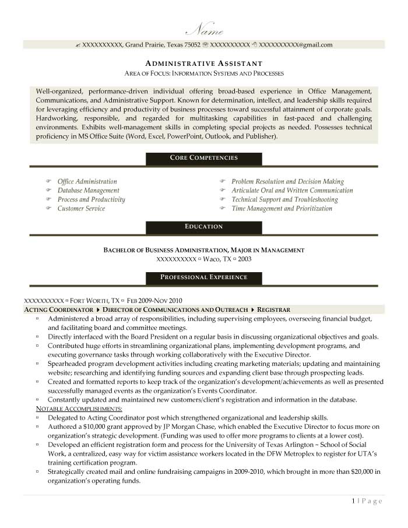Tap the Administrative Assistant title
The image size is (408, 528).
203,63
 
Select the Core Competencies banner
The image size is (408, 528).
203,158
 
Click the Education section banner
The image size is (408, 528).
203,226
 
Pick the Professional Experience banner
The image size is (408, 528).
203,277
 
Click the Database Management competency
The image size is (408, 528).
88,191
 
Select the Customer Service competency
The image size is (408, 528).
81,209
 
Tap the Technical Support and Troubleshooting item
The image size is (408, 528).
284,199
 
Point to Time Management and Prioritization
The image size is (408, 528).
282,209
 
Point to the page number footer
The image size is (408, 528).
367,501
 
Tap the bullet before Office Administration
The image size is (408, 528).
48,182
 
